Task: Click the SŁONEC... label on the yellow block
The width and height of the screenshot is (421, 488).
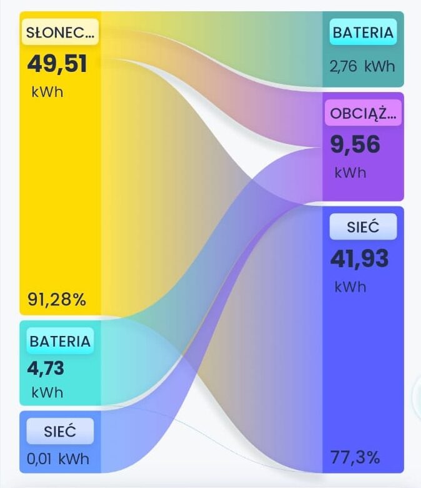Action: tap(60, 33)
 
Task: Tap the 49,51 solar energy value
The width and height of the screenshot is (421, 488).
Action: tap(57, 64)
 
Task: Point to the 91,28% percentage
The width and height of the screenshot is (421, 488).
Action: tap(57, 300)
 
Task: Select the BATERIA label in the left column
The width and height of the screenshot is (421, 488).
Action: tap(60, 341)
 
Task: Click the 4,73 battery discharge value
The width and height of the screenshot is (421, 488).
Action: tap(46, 369)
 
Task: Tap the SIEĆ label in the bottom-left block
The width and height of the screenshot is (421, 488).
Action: tap(60, 431)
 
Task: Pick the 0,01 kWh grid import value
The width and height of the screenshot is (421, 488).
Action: tap(58, 459)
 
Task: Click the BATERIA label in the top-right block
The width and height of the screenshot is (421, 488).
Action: tap(363, 33)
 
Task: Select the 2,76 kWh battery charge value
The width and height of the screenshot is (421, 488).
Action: tap(362, 66)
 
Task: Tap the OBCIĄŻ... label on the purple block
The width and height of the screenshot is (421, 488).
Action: tap(363, 113)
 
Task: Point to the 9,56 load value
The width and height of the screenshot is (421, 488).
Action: tap(355, 145)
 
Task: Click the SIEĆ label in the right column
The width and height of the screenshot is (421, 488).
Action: tap(363, 227)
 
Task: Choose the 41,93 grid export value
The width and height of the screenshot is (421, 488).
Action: tap(360, 258)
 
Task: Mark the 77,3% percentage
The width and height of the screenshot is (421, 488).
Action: tap(355, 457)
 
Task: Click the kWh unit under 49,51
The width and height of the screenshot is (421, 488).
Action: tap(47, 92)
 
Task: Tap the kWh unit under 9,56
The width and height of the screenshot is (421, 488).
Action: tap(350, 173)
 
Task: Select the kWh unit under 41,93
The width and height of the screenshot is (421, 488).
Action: tap(350, 287)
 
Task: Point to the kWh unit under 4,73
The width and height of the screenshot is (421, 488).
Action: tap(47, 392)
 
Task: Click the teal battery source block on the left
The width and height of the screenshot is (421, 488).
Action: tap(60, 363)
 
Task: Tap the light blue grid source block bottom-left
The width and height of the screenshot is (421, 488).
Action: tap(60, 442)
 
